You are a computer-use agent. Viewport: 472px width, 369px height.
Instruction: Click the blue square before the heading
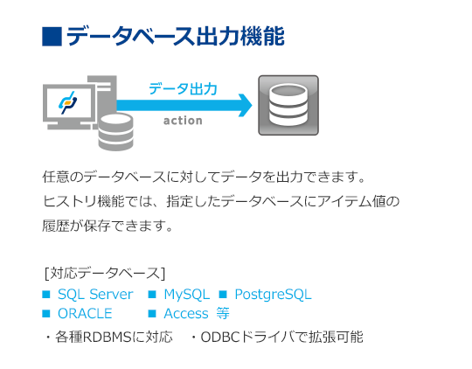(52, 37)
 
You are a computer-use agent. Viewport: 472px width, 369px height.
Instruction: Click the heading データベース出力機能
(175, 36)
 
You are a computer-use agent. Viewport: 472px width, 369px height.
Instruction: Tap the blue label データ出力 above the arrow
(183, 89)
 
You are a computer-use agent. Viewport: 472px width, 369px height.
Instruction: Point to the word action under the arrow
(183, 121)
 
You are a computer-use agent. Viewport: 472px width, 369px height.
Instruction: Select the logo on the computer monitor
(67, 102)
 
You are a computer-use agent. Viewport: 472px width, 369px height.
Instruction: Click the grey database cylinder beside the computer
(116, 132)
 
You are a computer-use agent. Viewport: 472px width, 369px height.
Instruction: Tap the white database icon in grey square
(288, 105)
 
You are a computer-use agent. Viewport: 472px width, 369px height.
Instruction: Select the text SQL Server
(95, 295)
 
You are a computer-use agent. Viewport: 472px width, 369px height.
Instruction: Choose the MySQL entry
(187, 295)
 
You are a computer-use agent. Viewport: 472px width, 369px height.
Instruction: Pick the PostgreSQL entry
(273, 295)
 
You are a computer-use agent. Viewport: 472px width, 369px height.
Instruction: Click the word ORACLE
(85, 314)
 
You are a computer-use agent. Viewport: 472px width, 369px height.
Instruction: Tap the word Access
(186, 314)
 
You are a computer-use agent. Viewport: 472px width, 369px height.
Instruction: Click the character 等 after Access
(223, 314)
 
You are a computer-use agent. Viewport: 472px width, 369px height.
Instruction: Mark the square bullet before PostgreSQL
(223, 294)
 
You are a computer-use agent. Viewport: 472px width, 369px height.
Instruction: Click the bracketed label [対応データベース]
(105, 273)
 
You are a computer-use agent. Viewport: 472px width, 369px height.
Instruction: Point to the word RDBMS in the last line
(108, 337)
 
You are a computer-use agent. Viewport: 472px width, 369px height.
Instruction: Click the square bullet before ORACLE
(46, 314)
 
